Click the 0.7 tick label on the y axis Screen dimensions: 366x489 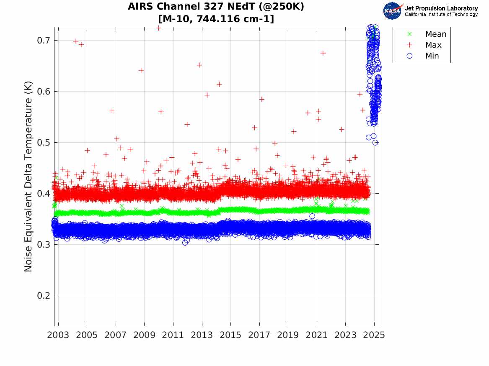[42, 41]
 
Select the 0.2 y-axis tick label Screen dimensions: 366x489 [42, 296]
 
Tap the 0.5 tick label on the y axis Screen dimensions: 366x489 [42, 143]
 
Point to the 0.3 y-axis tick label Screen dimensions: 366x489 [42, 245]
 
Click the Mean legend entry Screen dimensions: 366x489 [435, 34]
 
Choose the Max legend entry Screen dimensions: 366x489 [433, 45]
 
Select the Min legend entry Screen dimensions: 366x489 [432, 56]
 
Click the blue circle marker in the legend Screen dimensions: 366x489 [410, 56]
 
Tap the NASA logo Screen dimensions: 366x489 [392, 11]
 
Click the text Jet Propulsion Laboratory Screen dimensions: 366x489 [441, 8]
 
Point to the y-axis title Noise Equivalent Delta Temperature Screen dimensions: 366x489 [28, 179]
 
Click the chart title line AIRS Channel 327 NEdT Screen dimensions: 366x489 [216, 7]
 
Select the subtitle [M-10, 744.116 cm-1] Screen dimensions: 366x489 [216, 19]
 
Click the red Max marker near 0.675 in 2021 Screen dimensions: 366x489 [323, 53]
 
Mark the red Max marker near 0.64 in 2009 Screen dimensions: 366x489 [141, 70]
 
